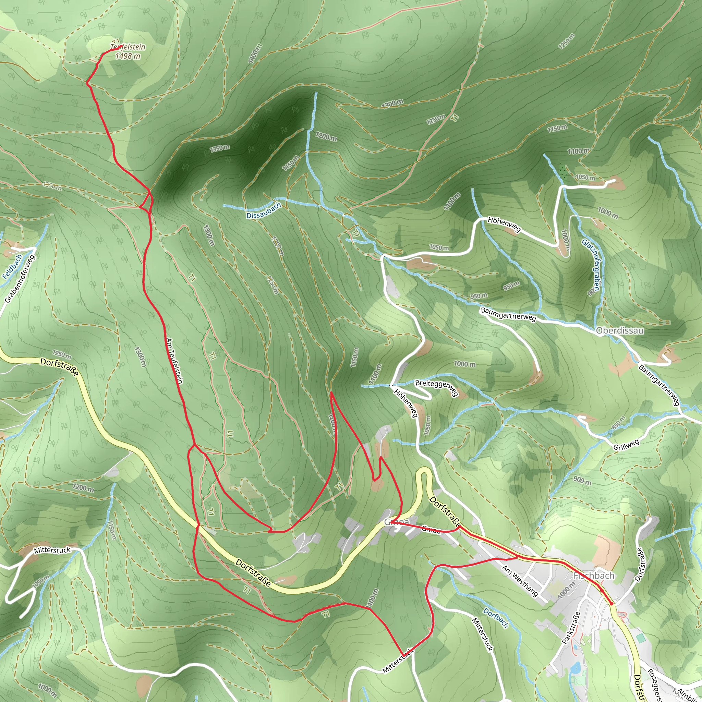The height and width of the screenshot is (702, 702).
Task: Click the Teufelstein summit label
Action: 128,47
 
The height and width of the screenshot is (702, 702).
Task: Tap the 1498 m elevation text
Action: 128,56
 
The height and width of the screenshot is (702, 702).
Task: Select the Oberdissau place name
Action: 620,331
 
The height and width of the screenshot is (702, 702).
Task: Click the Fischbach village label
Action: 594,576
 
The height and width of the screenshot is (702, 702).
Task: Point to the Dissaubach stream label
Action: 264,210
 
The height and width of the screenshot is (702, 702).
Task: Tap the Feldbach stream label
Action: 12,267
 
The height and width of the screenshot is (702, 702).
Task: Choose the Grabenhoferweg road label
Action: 20,279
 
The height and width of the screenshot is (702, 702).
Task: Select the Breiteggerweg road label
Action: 436,388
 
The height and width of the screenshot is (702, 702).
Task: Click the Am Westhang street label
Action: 520,581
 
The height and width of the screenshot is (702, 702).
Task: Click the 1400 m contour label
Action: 255,54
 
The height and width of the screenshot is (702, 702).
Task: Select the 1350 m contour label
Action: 219,148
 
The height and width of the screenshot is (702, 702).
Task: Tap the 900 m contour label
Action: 582,481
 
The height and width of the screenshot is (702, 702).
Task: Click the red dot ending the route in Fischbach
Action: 611,604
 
